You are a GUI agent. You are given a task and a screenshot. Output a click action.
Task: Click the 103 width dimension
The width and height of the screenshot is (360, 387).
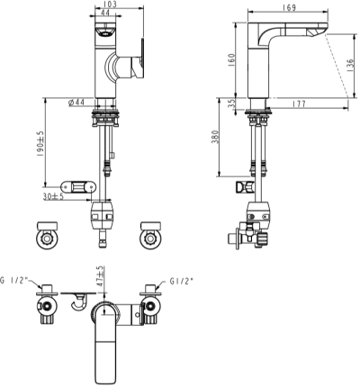tap(110, 5)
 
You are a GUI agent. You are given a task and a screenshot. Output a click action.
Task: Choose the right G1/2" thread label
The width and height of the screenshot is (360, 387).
tap(180, 280)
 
